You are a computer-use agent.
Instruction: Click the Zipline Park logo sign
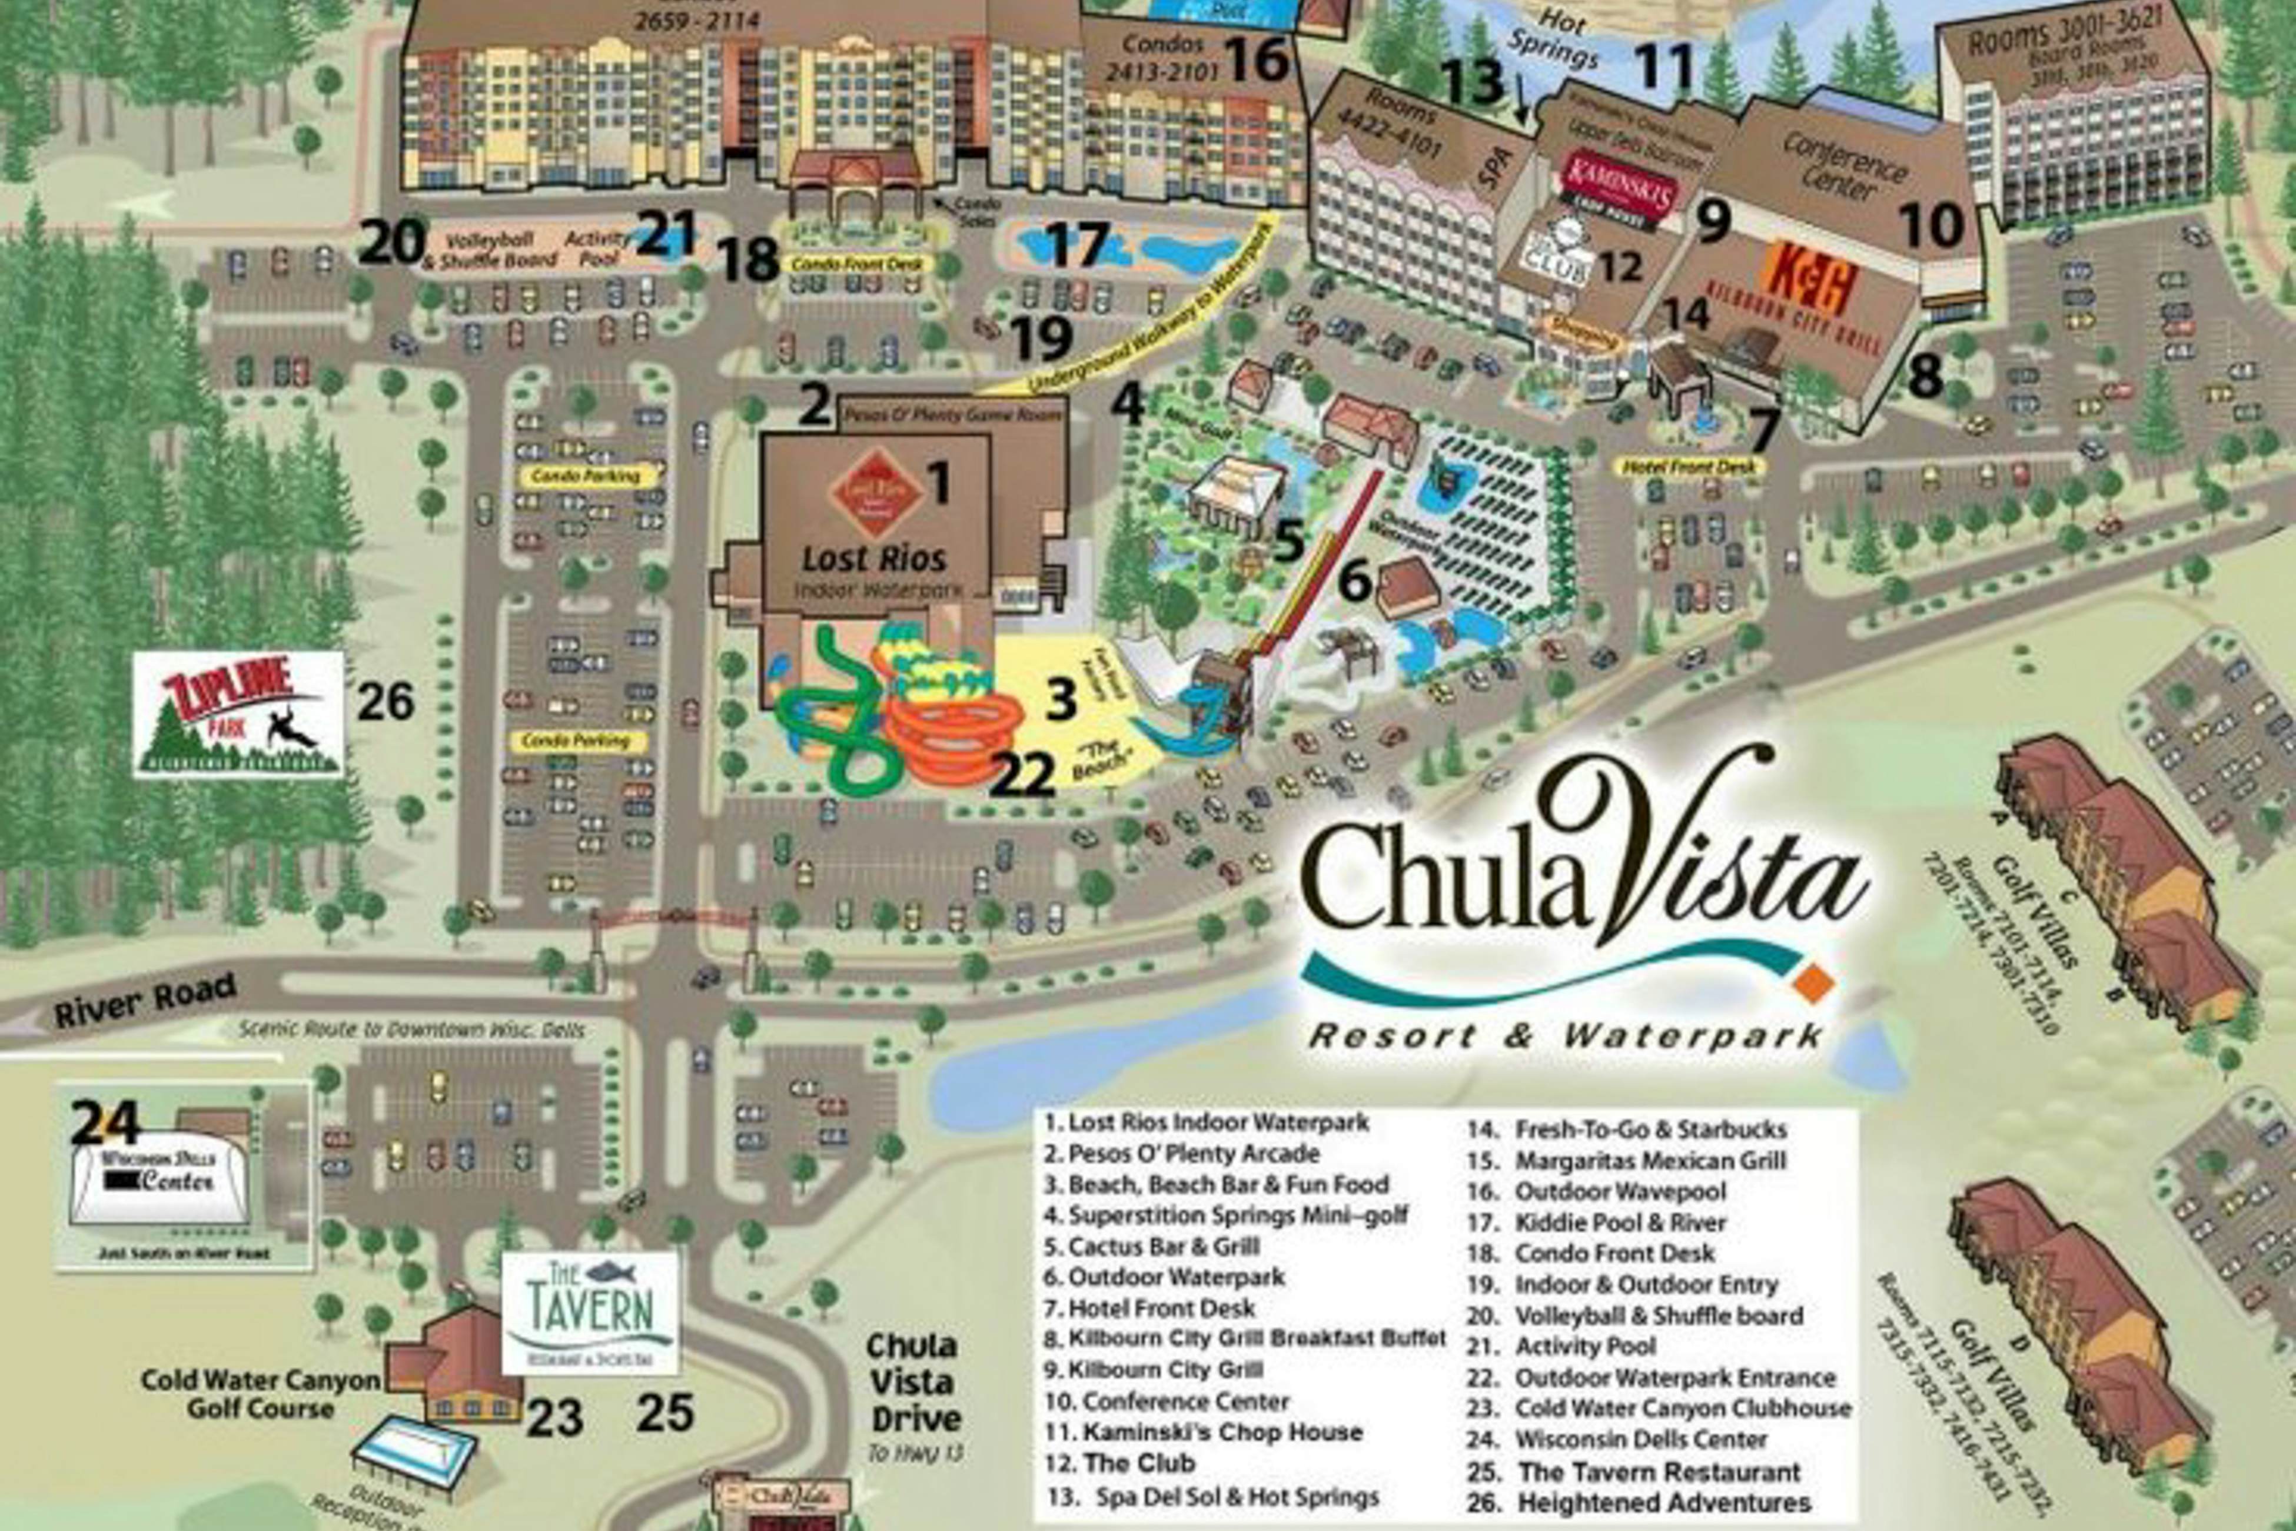[238, 714]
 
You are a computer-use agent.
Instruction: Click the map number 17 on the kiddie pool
[1078, 244]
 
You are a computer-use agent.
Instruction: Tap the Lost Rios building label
[873, 559]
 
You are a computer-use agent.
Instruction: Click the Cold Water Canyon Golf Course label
[260, 1393]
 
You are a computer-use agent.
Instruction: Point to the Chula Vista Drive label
[913, 1381]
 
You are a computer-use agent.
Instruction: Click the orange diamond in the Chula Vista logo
[1815, 982]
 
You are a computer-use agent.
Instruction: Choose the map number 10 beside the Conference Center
[1932, 225]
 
